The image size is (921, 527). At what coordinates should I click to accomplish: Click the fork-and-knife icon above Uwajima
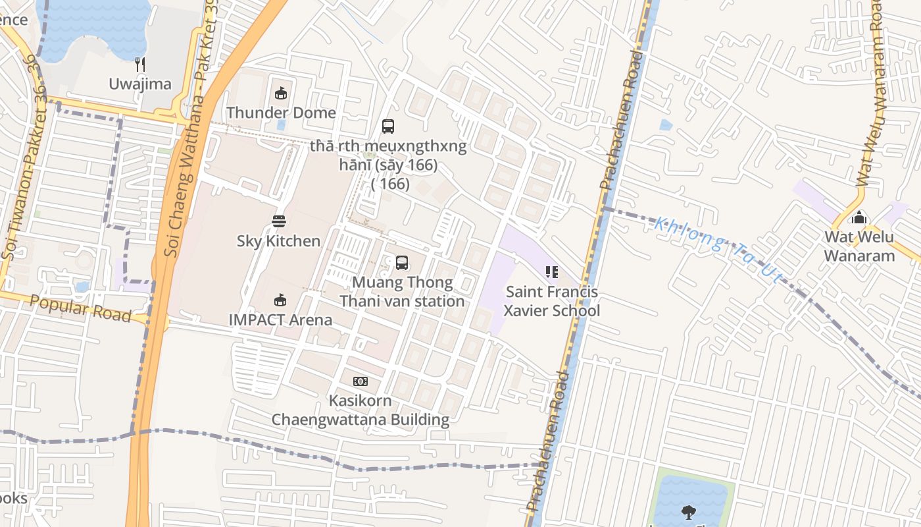139,64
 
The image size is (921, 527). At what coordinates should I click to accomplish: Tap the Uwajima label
140,84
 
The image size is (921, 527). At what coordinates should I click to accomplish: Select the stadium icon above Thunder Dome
281,93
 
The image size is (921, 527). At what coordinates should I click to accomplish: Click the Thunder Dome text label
281,113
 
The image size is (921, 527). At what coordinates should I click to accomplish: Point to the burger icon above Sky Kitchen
279,221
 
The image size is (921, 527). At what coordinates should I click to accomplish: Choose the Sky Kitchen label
279,241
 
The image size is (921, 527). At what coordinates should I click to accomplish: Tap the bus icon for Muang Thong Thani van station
401,263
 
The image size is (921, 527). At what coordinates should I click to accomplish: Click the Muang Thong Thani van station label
401,292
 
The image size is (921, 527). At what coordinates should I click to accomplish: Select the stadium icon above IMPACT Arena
280,300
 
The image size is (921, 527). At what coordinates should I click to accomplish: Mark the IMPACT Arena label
280,320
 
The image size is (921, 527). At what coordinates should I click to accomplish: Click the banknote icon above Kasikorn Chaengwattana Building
361,381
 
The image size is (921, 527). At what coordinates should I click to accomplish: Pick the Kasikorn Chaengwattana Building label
361,410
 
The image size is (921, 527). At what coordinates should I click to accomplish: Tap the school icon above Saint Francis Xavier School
552,271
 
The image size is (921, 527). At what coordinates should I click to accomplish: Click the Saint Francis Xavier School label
552,301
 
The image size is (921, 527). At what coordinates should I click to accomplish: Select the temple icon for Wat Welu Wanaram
859,217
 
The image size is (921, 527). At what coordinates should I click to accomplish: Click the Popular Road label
80,308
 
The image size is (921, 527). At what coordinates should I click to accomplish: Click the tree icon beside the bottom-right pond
689,511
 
